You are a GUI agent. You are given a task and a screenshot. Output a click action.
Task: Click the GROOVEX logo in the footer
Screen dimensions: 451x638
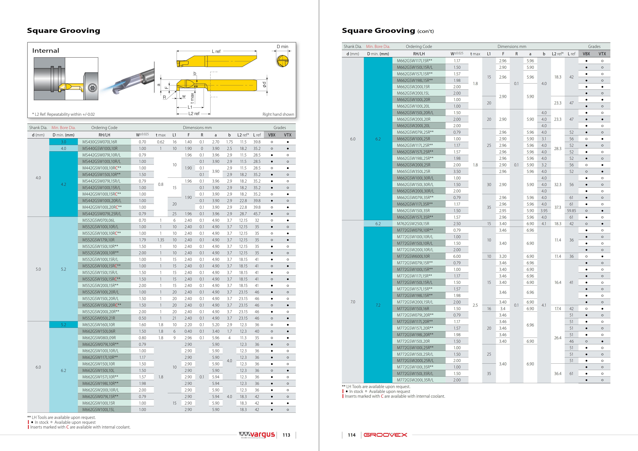pyautogui.click(x=385, y=435)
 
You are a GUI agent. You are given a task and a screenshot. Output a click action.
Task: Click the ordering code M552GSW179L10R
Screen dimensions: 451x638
pyautogui.click(x=98, y=240)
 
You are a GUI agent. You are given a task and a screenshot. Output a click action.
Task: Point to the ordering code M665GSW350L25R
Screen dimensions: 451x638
pyautogui.click(x=414, y=172)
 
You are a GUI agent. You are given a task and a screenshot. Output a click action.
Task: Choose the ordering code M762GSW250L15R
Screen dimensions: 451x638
pyautogui.click(x=413, y=224)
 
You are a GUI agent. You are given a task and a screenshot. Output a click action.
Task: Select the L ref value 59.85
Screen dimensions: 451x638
pyautogui.click(x=571, y=211)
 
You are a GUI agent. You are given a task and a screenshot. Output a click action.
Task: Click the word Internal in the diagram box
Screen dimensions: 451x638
pyautogui.click(x=46, y=51)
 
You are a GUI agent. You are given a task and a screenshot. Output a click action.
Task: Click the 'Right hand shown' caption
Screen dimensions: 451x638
pyautogui.click(x=278, y=114)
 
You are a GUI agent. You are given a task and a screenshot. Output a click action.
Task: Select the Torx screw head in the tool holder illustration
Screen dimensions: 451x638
pyautogui.click(x=92, y=88)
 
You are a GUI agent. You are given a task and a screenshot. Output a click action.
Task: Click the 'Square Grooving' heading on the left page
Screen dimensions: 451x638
pyautogui.click(x=64, y=31)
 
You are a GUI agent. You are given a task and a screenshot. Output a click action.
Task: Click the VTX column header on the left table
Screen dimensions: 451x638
pyautogui.click(x=288, y=135)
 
